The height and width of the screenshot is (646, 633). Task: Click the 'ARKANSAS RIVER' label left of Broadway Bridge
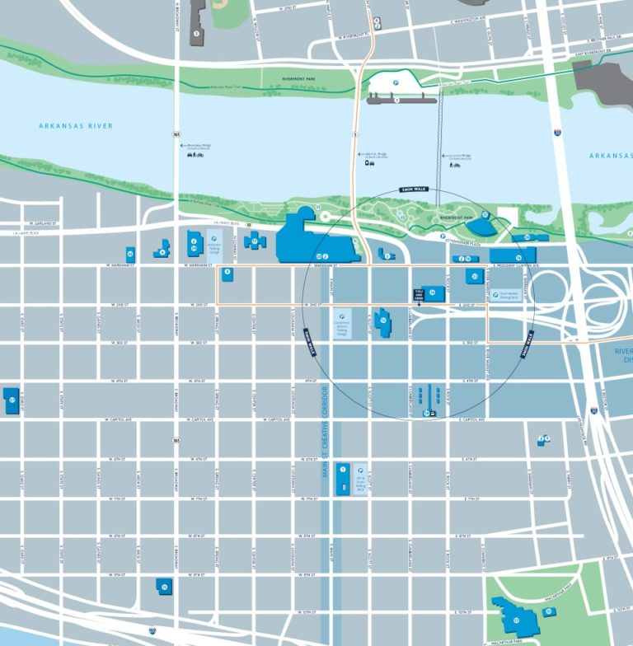point(75,126)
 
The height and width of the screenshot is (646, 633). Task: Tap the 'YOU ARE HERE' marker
point(419,293)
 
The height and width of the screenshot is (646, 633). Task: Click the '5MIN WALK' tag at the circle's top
point(411,189)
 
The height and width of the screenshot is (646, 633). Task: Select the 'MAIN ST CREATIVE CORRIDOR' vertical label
point(326,428)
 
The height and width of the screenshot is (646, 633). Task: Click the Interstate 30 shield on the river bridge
point(559,131)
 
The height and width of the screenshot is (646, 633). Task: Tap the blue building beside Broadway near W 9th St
point(164,586)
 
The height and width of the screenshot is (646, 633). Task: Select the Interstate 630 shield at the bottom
point(152,630)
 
